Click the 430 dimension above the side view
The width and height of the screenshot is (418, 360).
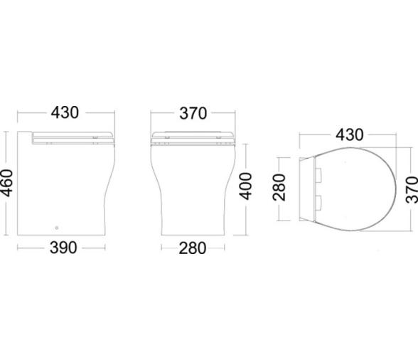65,112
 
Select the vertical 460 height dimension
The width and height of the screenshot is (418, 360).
6,183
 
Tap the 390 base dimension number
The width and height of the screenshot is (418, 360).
63,248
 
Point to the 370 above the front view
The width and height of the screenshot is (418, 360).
193,113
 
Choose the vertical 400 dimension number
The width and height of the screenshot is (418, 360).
245,186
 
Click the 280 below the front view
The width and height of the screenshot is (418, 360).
193,248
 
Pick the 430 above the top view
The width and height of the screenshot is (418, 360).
350,134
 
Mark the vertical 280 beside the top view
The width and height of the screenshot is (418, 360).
279,187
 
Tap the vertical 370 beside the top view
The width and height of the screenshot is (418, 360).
412,189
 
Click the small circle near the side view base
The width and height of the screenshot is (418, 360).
57,228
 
